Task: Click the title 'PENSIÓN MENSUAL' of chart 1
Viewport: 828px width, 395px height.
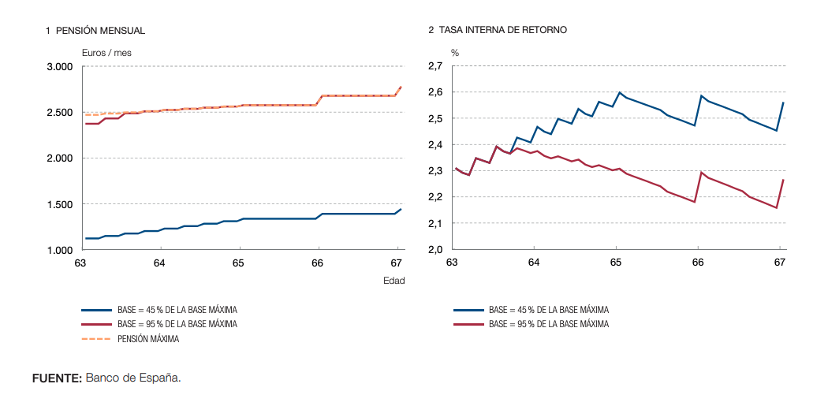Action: coord(100,30)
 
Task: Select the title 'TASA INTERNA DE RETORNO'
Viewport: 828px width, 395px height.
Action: coord(502,30)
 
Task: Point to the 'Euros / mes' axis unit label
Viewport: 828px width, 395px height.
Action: coord(106,52)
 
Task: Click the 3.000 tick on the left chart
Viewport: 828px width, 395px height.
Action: coord(59,67)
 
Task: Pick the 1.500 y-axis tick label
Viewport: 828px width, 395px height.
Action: coord(59,205)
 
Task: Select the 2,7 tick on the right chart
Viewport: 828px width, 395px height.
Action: coord(435,67)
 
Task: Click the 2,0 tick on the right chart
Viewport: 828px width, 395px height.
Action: coord(435,251)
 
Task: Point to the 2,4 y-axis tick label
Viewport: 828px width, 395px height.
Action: coord(435,145)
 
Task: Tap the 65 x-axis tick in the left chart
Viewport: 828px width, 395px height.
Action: coord(240,263)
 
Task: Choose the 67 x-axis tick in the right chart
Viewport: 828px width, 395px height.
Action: coord(779,263)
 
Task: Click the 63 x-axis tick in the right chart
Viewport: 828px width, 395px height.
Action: coord(452,263)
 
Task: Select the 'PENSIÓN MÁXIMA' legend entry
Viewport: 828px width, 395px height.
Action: coord(148,339)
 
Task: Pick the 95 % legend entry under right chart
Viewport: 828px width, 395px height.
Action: coord(549,324)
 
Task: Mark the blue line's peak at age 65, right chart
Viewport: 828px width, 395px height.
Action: coord(620,92)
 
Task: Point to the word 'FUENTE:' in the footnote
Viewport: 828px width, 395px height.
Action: coord(57,378)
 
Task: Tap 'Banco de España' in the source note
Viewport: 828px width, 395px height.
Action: coord(132,378)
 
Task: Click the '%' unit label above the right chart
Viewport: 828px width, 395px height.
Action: coord(454,52)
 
